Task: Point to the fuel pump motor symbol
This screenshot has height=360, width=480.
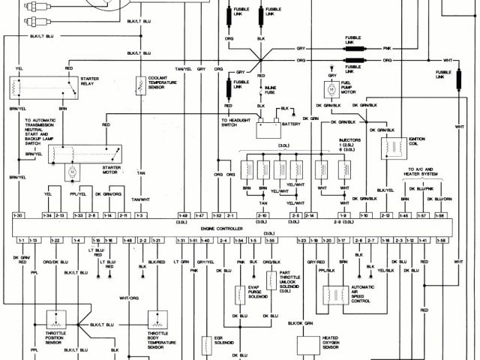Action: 331,89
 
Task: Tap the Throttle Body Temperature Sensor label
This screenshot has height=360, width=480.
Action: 157,338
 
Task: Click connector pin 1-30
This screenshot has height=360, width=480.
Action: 19,215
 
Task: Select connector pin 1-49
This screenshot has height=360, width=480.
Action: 184,215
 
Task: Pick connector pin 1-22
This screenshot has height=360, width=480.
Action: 55,240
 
